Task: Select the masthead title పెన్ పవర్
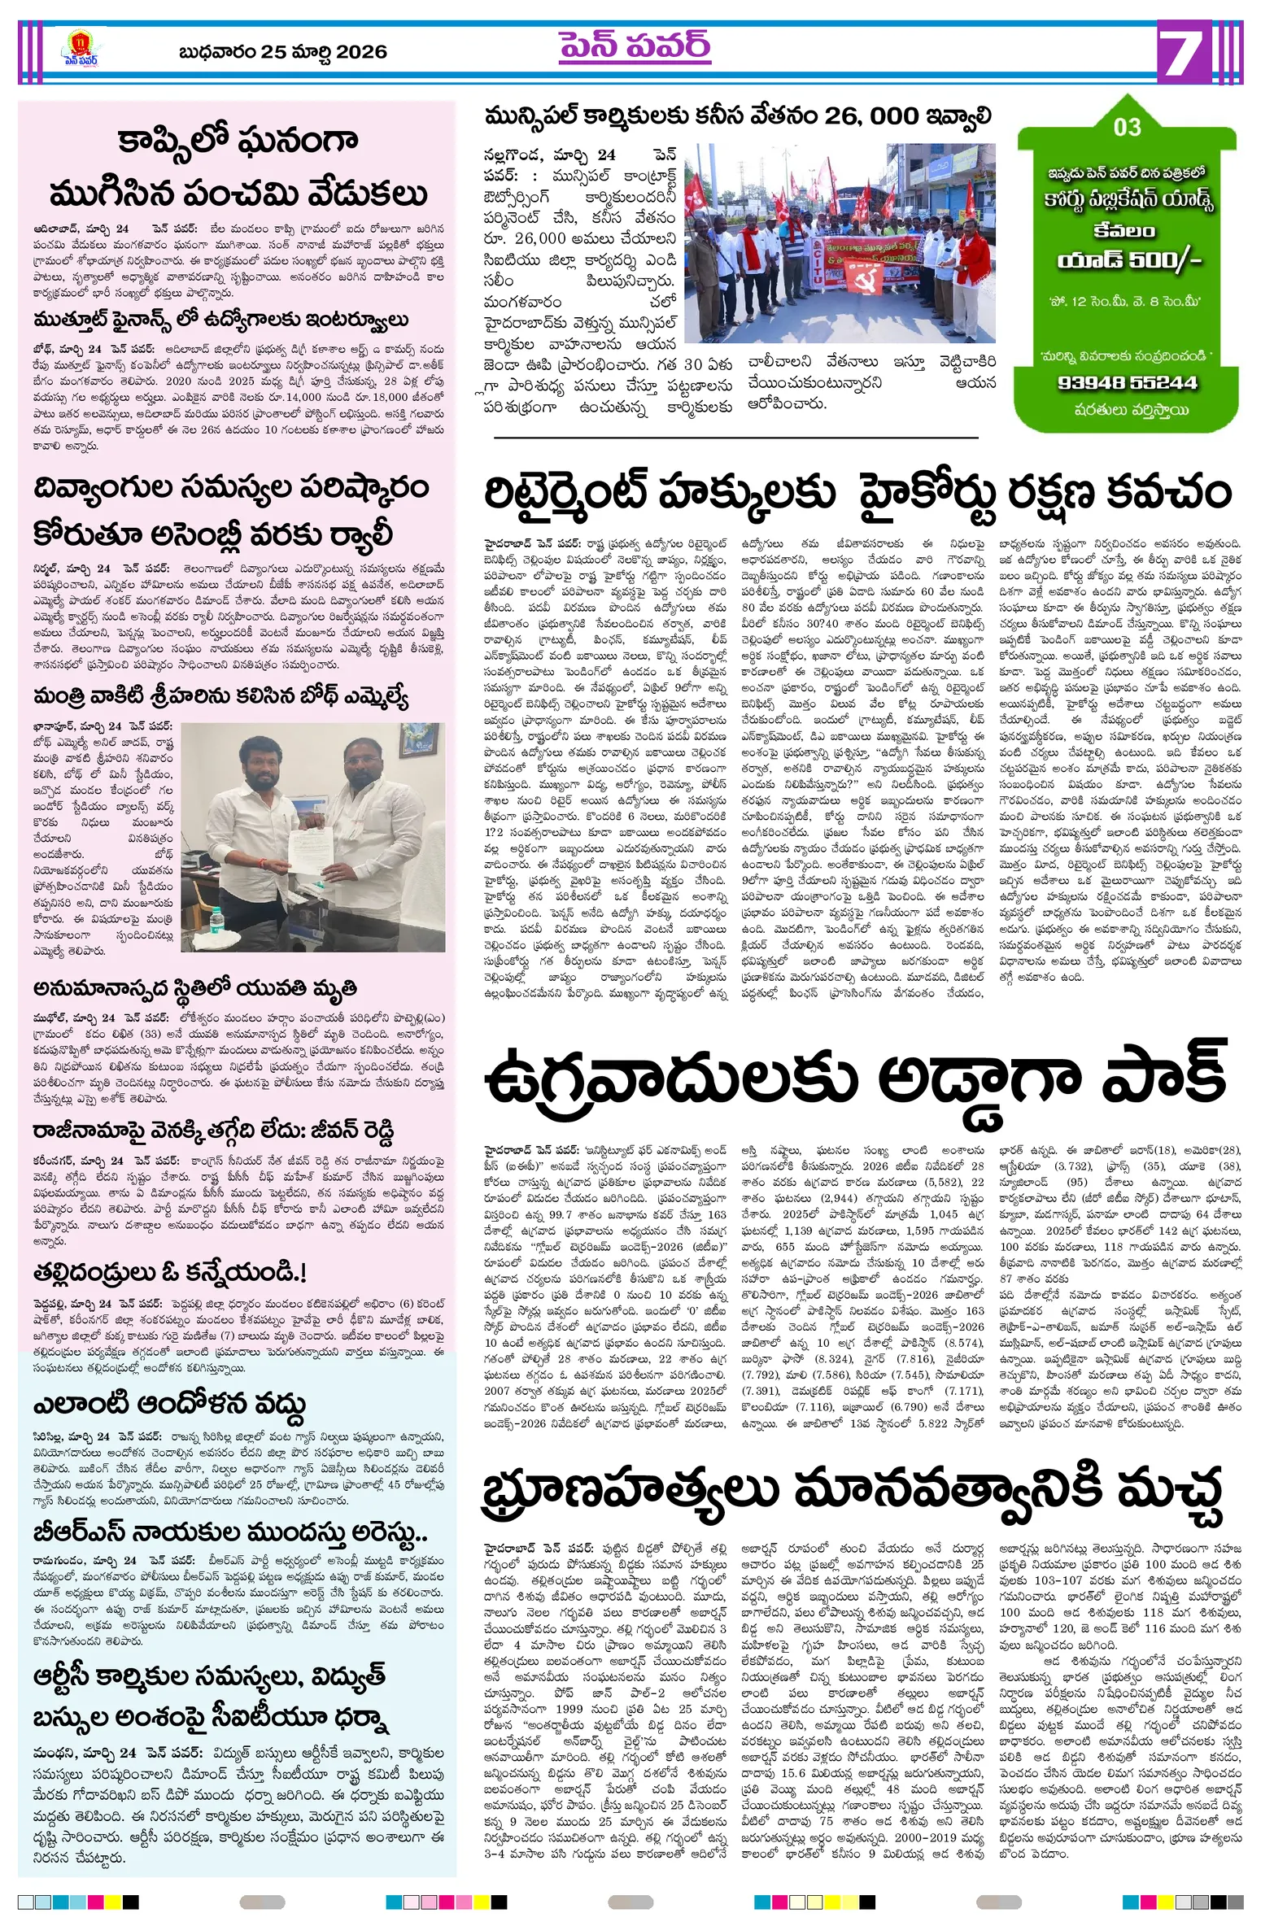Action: pos(634,46)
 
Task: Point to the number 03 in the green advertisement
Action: pos(1127,127)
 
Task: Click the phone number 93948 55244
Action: pos(1128,382)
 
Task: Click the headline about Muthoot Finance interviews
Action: pos(220,319)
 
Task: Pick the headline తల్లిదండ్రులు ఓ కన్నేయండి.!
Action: pos(170,1273)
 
